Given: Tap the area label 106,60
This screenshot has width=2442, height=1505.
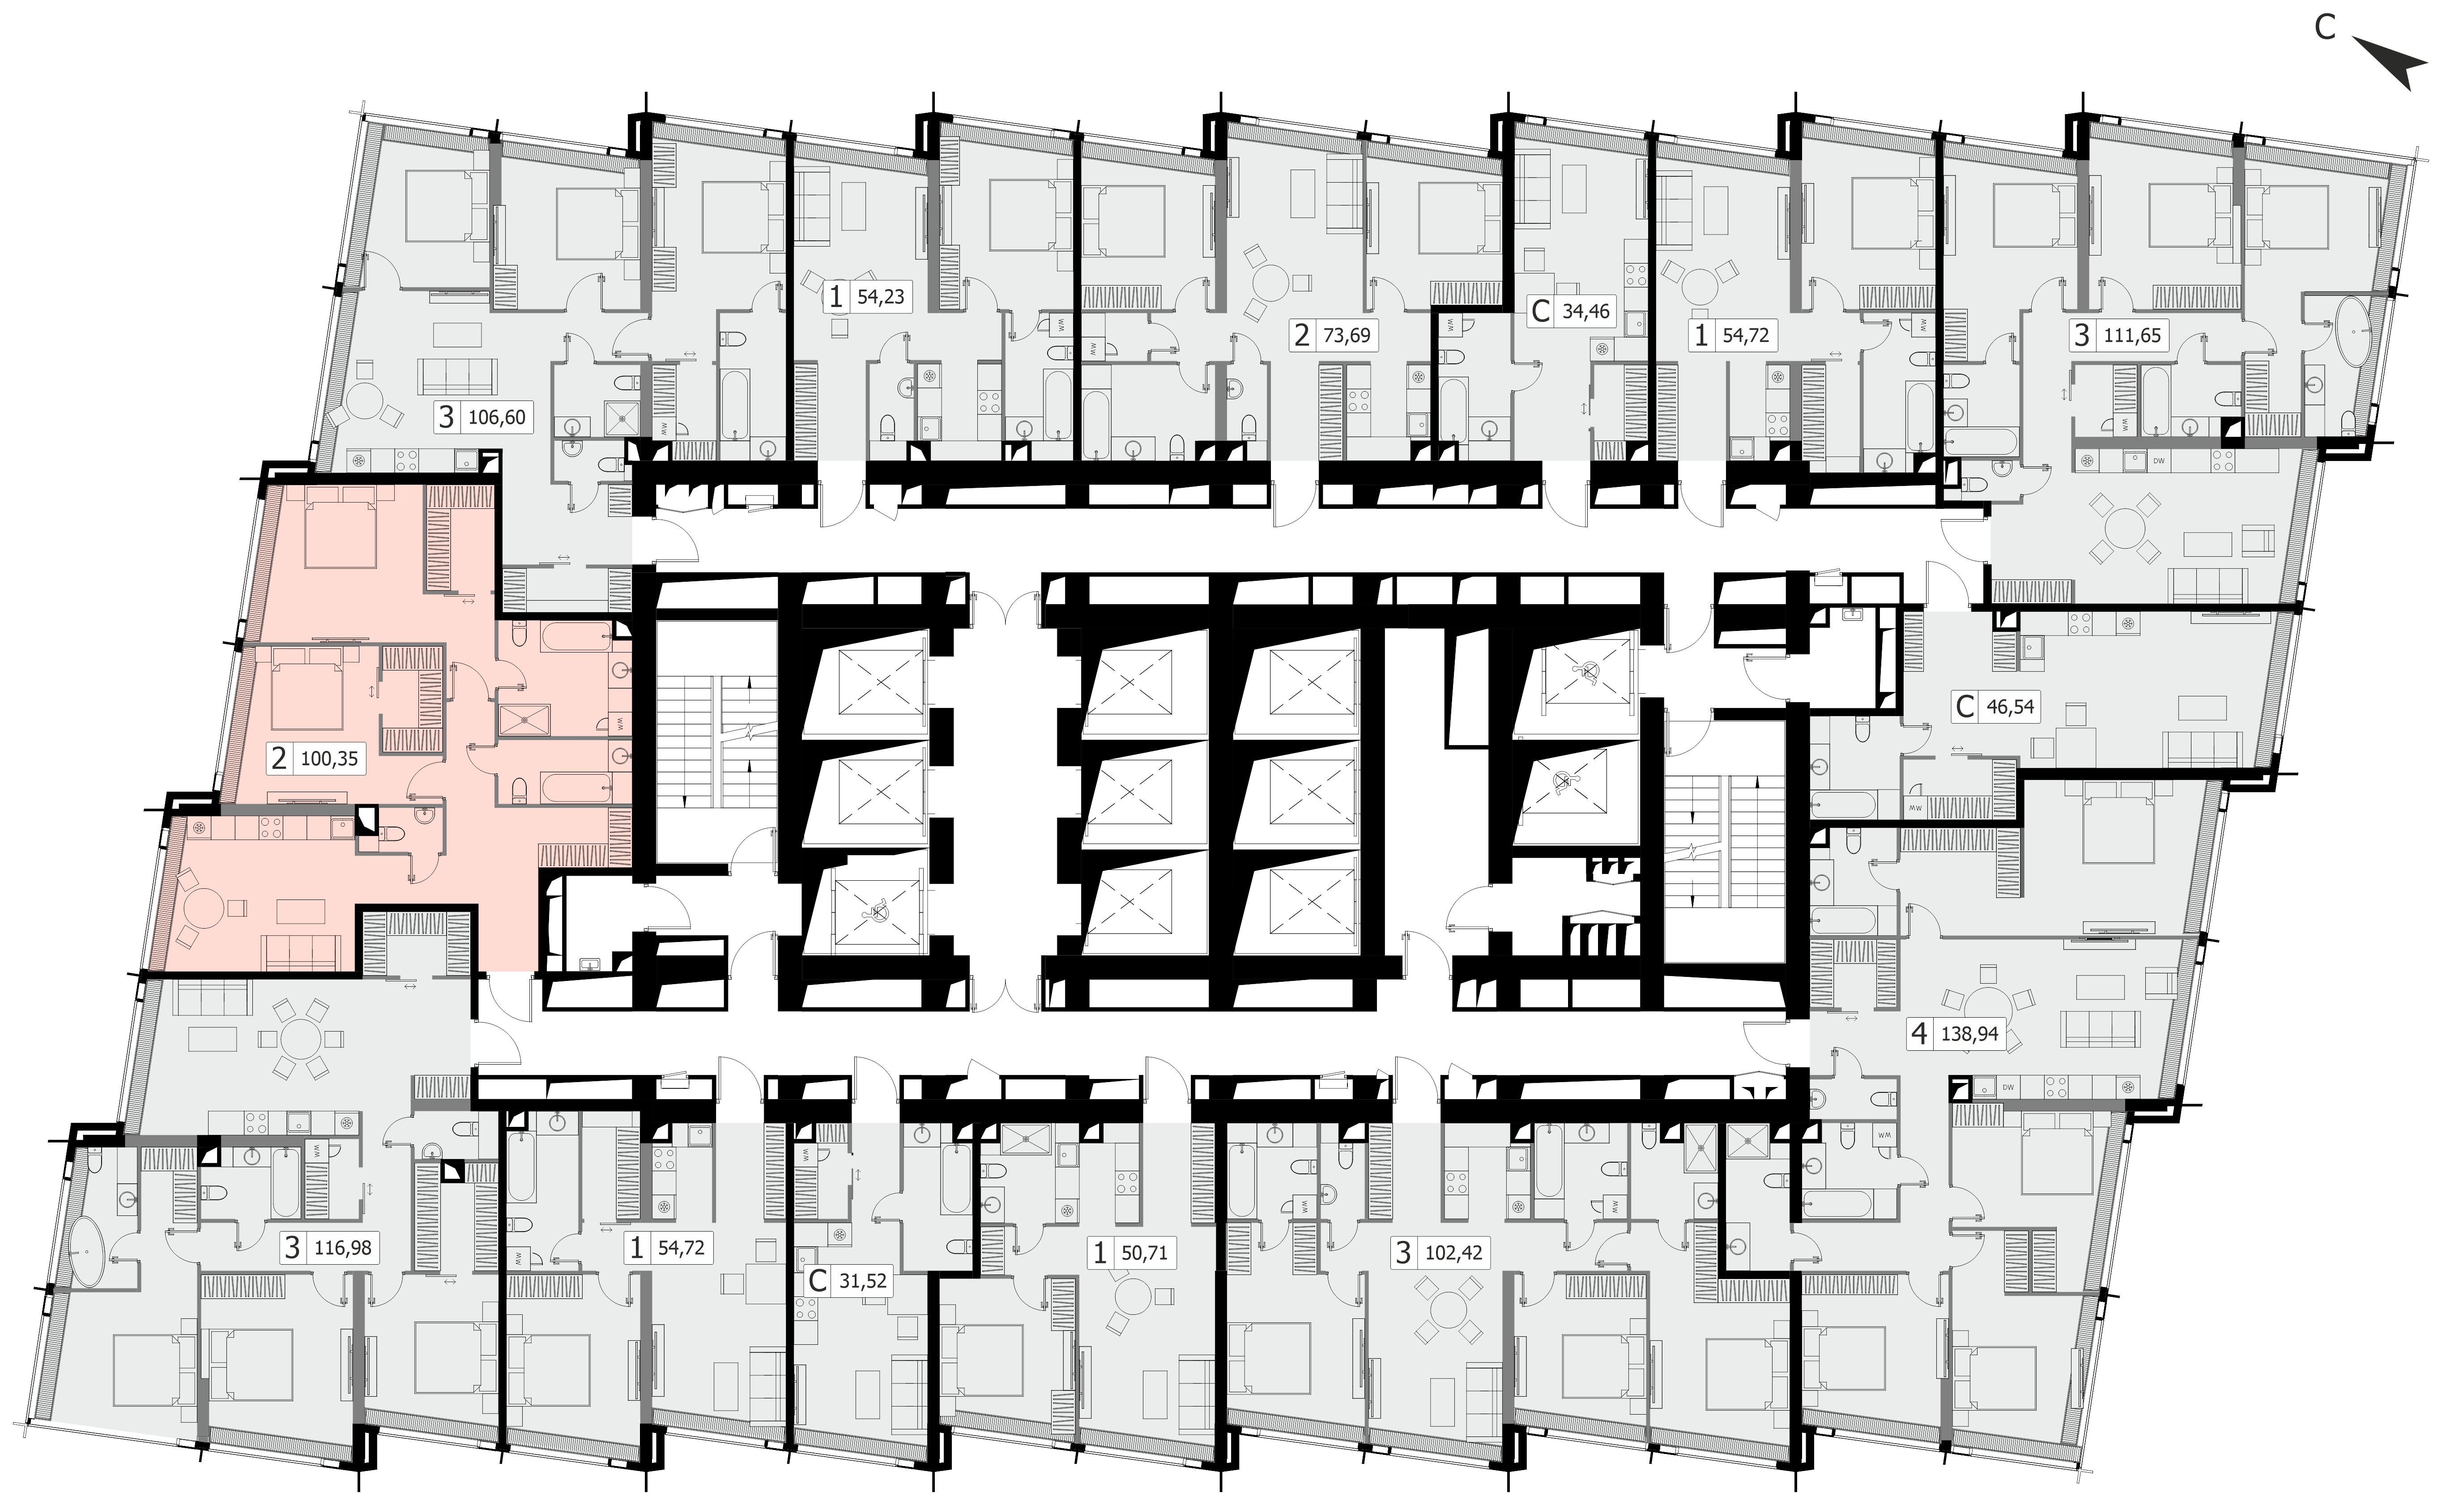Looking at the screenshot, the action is point(497,417).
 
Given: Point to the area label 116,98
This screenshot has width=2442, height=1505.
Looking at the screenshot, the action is point(343,1247).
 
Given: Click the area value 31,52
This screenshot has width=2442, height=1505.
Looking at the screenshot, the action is point(862,1281).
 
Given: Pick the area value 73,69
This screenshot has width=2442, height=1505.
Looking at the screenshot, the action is point(1347,336).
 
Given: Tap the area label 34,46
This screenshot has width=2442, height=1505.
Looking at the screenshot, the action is point(1585,311).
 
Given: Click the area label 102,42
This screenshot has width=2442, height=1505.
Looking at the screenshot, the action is point(1454,1252).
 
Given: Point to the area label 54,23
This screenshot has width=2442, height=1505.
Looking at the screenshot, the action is point(881,297).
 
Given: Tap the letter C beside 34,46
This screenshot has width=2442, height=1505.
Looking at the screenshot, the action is point(1540,311).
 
